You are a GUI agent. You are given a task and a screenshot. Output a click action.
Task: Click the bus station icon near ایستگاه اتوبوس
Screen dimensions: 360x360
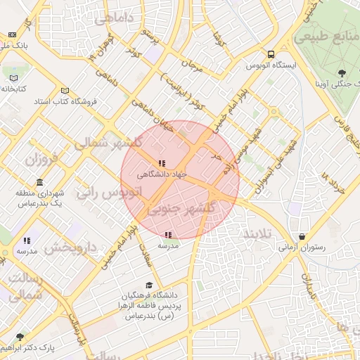pyautogui.click(x=271, y=53)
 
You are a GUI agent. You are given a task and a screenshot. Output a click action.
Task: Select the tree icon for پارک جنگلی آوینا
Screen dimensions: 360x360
pyautogui.click(x=342, y=72)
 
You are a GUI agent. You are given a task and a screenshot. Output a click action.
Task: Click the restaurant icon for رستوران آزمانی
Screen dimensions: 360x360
pyautogui.click(x=302, y=236)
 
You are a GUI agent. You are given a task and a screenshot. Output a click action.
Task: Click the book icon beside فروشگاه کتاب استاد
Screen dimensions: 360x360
pyautogui.click(x=65, y=91)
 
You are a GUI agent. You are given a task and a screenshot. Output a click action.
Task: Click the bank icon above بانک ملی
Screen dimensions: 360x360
pyautogui.click(x=13, y=34)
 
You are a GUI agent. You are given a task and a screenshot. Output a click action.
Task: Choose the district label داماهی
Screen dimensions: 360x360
pyautogui.click(x=120, y=19)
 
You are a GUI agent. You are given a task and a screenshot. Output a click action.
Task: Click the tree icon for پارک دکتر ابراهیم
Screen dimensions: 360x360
pyautogui.click(x=20, y=337)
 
